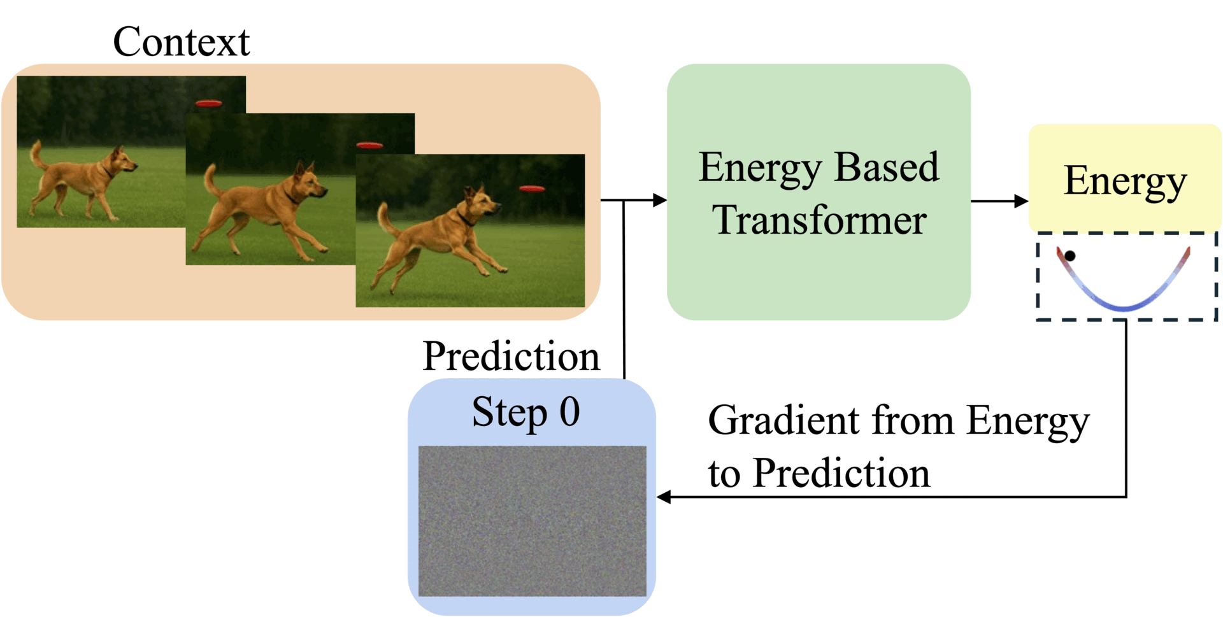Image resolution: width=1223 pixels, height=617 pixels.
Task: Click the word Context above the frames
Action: pos(181,42)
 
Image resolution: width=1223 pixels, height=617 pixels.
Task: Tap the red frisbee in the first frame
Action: pos(208,103)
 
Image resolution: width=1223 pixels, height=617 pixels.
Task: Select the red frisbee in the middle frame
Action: pos(369,146)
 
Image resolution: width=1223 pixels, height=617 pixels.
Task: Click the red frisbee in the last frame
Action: pos(532,188)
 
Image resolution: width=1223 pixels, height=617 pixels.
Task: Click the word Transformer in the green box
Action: pos(819,220)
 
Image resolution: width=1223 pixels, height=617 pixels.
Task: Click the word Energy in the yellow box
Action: pos(1125,181)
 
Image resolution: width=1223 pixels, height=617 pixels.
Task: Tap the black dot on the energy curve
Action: pos(1070,256)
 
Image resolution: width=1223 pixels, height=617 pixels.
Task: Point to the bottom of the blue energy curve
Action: pos(1124,309)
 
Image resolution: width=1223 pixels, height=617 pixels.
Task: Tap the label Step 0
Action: pos(526,412)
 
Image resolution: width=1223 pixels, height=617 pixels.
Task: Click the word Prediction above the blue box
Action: pos(511,356)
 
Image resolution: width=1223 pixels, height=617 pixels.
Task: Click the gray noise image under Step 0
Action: pos(532,521)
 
